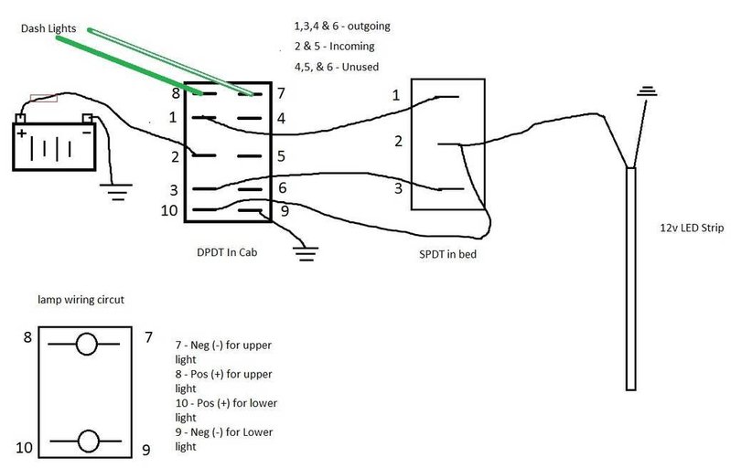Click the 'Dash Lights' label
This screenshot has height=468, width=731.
tap(48, 28)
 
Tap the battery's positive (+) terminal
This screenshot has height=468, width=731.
tap(20, 118)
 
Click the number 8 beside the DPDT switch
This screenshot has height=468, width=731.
tap(176, 93)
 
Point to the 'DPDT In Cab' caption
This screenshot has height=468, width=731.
tap(227, 252)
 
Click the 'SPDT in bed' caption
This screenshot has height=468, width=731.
tap(448, 254)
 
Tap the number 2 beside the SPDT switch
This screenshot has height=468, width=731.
tap(398, 141)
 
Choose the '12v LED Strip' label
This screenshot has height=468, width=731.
tap(692, 228)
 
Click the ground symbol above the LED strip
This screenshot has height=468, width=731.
tap(647, 91)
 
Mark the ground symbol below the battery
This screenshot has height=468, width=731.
tap(115, 192)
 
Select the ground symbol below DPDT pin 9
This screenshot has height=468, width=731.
tap(306, 253)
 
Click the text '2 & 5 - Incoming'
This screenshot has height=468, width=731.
tap(334, 46)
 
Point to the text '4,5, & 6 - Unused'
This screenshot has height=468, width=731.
tap(336, 67)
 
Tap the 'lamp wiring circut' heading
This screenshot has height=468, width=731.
tap(81, 300)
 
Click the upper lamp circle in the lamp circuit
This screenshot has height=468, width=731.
tap(87, 344)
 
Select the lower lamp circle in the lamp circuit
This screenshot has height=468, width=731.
tap(89, 441)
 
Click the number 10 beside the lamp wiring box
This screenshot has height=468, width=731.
tap(24, 448)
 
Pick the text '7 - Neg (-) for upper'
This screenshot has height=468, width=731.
tap(223, 346)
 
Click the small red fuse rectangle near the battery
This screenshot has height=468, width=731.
tap(44, 98)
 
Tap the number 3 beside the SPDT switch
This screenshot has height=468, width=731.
tap(398, 188)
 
